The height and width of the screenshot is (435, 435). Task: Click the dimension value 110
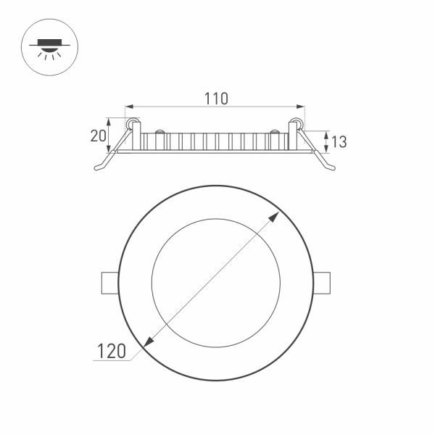point(215,98)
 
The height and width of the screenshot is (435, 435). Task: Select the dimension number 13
point(338,142)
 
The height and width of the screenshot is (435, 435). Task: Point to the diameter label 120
point(112,352)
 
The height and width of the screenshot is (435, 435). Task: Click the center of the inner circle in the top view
point(215,282)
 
